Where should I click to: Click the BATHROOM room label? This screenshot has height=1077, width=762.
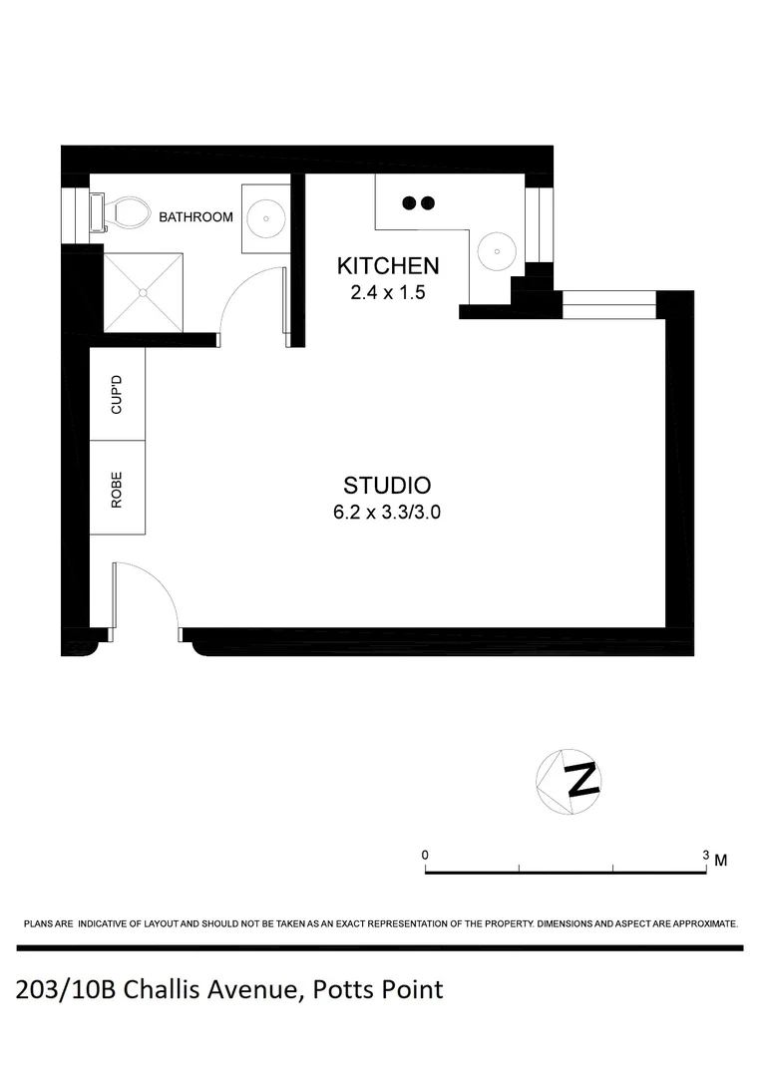pos(196,217)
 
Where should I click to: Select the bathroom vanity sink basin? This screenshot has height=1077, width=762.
pos(266,216)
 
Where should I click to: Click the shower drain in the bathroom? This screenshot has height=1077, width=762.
pos(144,292)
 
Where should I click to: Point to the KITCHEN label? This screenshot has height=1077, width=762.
pos(387,266)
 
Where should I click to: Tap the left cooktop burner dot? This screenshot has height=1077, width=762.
pos(409,203)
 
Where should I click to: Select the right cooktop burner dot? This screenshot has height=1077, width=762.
pos(428,203)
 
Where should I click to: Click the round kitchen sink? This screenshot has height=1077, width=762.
pos(496,249)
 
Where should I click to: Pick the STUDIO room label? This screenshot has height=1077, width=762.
pos(387,486)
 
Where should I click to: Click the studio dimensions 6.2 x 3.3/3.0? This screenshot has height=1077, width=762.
pos(387,514)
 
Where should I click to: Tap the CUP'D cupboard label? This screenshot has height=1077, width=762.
pos(117,394)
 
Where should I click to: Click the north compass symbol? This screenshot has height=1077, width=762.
pos(569,779)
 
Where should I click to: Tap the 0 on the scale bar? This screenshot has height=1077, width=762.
pos(425,856)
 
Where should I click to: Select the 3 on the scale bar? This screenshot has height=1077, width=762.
pos(706,856)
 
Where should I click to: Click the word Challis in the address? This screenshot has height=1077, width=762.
pos(148,990)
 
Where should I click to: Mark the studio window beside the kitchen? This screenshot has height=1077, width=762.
pos(608,304)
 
